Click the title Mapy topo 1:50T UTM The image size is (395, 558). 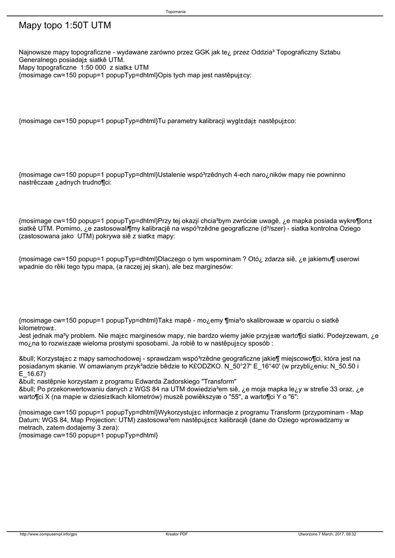65,26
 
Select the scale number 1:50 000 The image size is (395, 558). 93,68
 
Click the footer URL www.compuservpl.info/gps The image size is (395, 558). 48,534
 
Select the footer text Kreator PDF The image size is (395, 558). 177,534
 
